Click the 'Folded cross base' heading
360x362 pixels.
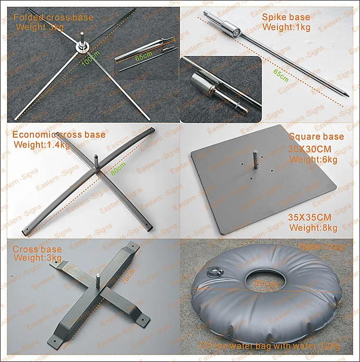click(53, 18)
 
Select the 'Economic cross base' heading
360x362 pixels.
click(59, 135)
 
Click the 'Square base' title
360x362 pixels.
click(316, 137)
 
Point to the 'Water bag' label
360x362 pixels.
click(321, 247)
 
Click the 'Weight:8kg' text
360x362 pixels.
click(313, 227)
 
